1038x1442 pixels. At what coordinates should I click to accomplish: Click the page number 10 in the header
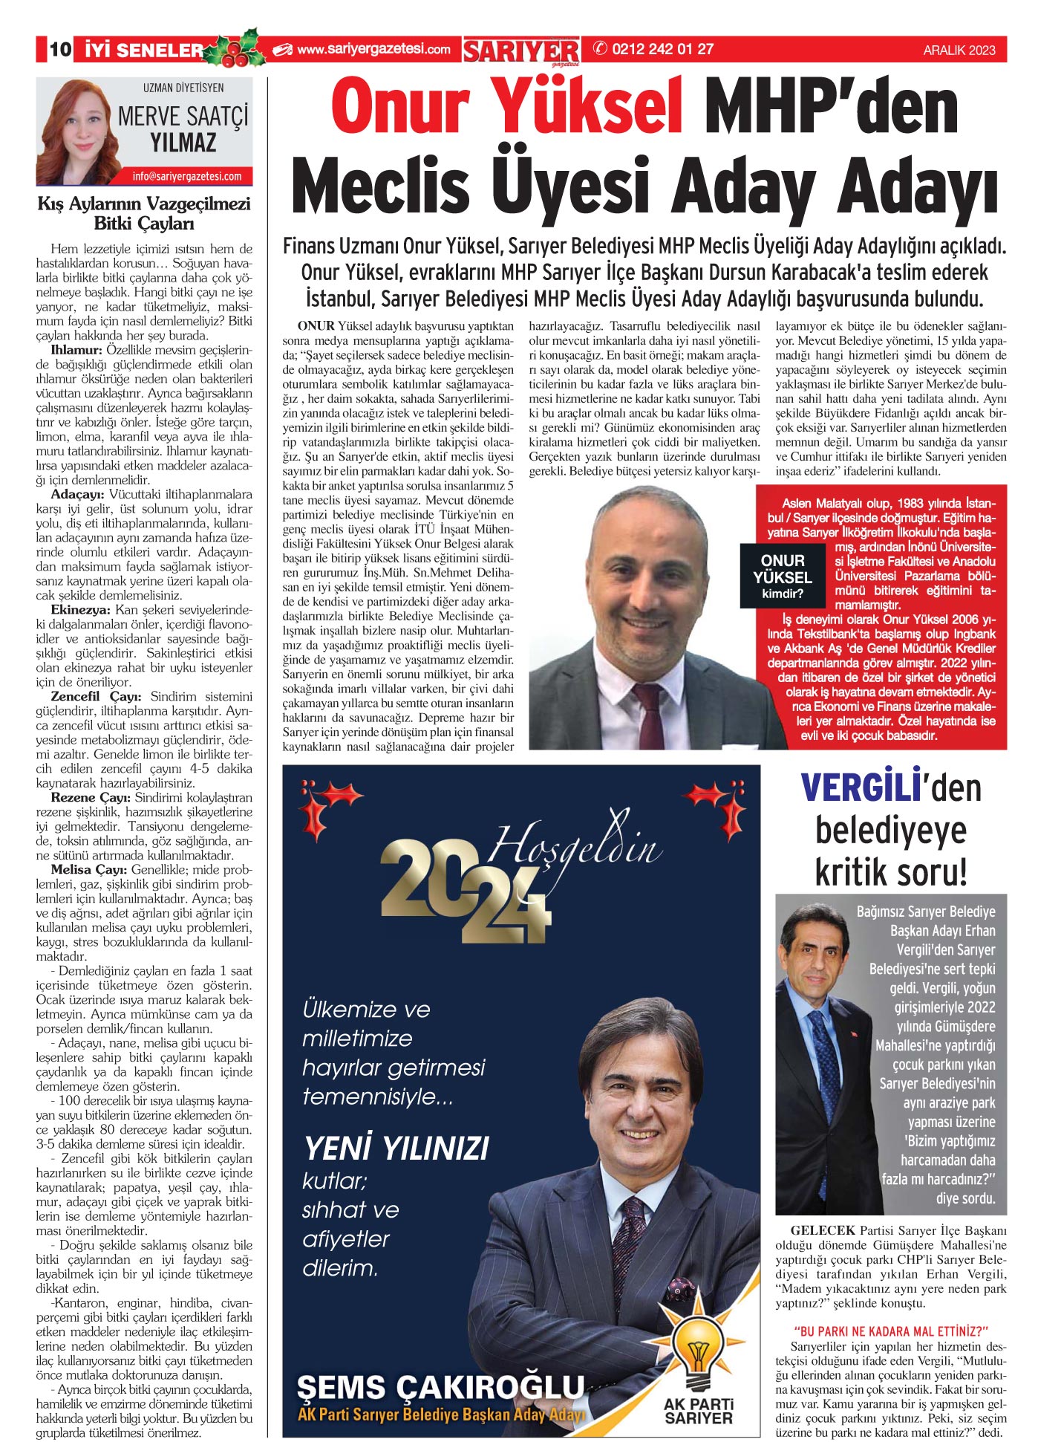60,50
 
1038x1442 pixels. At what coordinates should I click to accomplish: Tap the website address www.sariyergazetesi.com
373,50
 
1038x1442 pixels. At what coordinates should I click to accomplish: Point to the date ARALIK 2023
959,51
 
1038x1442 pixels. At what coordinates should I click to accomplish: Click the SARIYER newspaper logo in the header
521,51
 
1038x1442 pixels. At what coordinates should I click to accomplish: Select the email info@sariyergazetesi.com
187,177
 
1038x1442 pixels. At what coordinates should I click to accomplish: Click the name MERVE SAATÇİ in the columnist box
183,117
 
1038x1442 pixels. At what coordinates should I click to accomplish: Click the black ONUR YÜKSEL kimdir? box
783,576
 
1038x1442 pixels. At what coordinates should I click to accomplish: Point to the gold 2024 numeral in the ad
465,892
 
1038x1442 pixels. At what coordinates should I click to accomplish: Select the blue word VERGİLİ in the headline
860,788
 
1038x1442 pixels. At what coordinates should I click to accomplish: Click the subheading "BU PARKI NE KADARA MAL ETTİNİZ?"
891,1331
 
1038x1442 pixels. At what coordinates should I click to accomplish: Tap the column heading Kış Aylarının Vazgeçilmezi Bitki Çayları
144,213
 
